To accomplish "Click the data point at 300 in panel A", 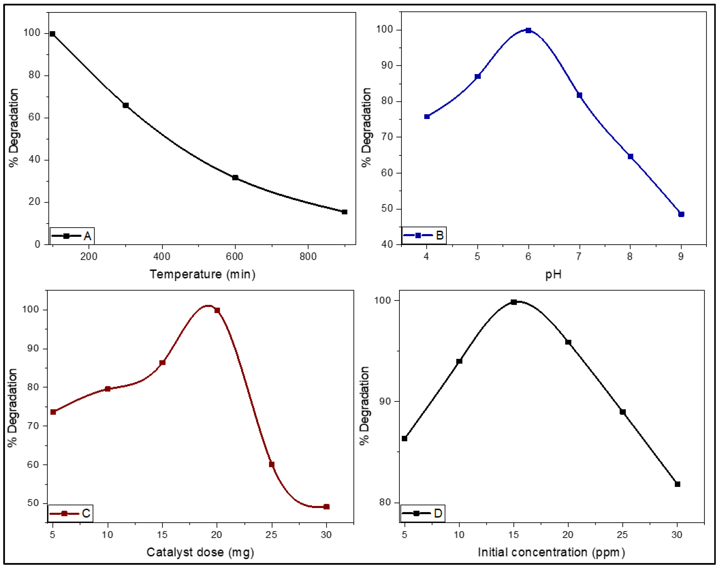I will pyautogui.click(x=126, y=105).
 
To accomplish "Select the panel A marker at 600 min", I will pyautogui.click(x=235, y=178).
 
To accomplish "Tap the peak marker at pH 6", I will pyautogui.click(x=528, y=30).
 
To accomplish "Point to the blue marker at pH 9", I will pyautogui.click(x=681, y=214).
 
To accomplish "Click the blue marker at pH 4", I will pyautogui.click(x=427, y=117).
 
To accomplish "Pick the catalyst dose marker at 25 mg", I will pyautogui.click(x=271, y=464).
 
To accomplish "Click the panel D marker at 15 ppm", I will pyautogui.click(x=514, y=302).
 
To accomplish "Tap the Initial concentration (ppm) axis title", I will pyautogui.click(x=551, y=552).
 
